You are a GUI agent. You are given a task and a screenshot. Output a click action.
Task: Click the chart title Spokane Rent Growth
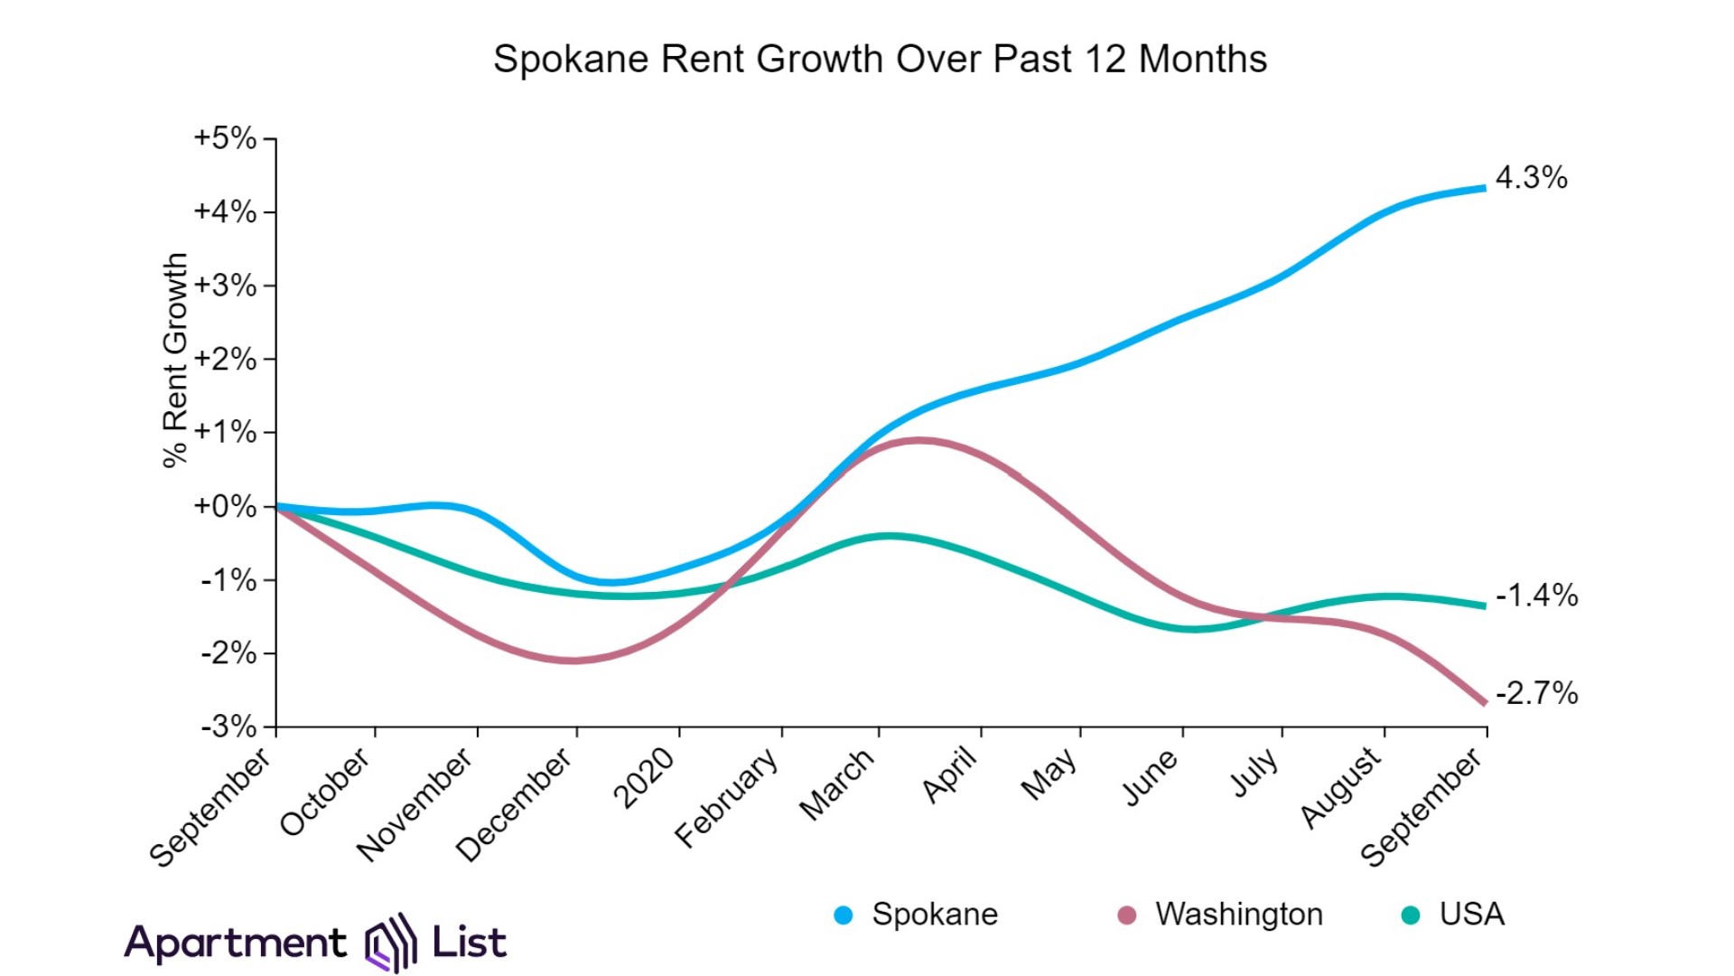(880, 60)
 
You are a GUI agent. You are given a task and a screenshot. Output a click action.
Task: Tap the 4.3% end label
(1531, 177)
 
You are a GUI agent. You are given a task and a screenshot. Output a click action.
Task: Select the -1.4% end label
(1536, 596)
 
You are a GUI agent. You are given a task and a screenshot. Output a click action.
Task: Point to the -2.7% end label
(1536, 693)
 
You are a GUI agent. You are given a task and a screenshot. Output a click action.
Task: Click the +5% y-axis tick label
(225, 138)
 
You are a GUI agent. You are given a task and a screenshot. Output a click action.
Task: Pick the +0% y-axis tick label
(225, 506)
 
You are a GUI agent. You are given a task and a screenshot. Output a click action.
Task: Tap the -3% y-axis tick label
(228, 727)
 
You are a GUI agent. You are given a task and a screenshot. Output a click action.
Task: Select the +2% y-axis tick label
(225, 359)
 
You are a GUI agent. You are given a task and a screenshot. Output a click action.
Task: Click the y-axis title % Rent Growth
(175, 360)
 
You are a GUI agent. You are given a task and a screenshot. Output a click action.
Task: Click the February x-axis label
(727, 797)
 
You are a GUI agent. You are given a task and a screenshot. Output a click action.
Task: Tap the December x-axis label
(514, 804)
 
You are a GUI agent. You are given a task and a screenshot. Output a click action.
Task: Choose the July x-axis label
(1255, 773)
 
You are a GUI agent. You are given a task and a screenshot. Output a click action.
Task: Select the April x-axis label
(950, 775)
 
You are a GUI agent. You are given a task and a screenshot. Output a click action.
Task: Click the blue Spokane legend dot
(844, 915)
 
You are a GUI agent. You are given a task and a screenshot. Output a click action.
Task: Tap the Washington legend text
(1238, 915)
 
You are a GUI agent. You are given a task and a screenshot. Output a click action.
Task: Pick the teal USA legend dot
(1410, 915)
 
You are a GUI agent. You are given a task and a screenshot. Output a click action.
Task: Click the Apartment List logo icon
(390, 943)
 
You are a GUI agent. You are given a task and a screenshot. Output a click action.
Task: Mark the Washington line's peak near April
(918, 441)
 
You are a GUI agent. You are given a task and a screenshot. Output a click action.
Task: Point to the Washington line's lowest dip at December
(574, 661)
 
